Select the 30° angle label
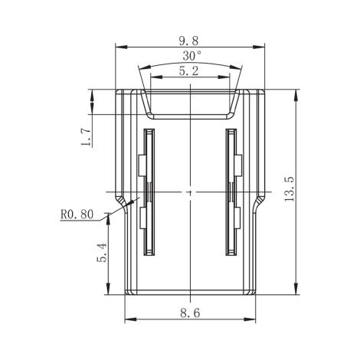tap(191, 56)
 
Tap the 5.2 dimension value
tap(189, 70)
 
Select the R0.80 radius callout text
tap(77, 214)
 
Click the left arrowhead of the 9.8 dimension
tap(119, 46)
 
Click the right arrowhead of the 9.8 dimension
tap(262, 46)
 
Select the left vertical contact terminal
tap(149, 191)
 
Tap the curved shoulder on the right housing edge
tap(259, 204)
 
